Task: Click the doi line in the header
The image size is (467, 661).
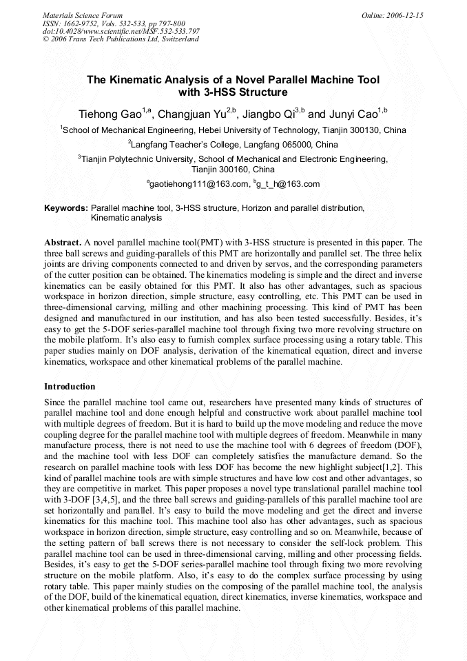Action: click(121, 31)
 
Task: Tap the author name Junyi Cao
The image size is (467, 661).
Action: click(351, 113)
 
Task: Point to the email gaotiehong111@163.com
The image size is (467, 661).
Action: click(199, 184)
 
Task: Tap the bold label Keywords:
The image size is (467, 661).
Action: click(66, 207)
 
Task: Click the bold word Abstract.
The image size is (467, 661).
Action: click(63, 243)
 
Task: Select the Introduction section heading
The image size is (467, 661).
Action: click(70, 387)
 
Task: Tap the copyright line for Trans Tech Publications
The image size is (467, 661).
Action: click(121, 39)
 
